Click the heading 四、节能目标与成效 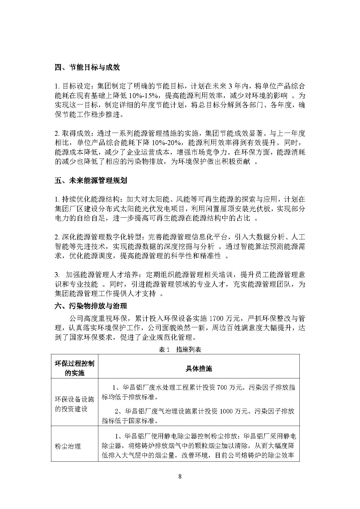87,68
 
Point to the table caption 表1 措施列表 180,350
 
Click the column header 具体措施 199,369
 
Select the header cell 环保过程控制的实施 75,369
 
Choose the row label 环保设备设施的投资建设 75,404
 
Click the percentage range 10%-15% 143,96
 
